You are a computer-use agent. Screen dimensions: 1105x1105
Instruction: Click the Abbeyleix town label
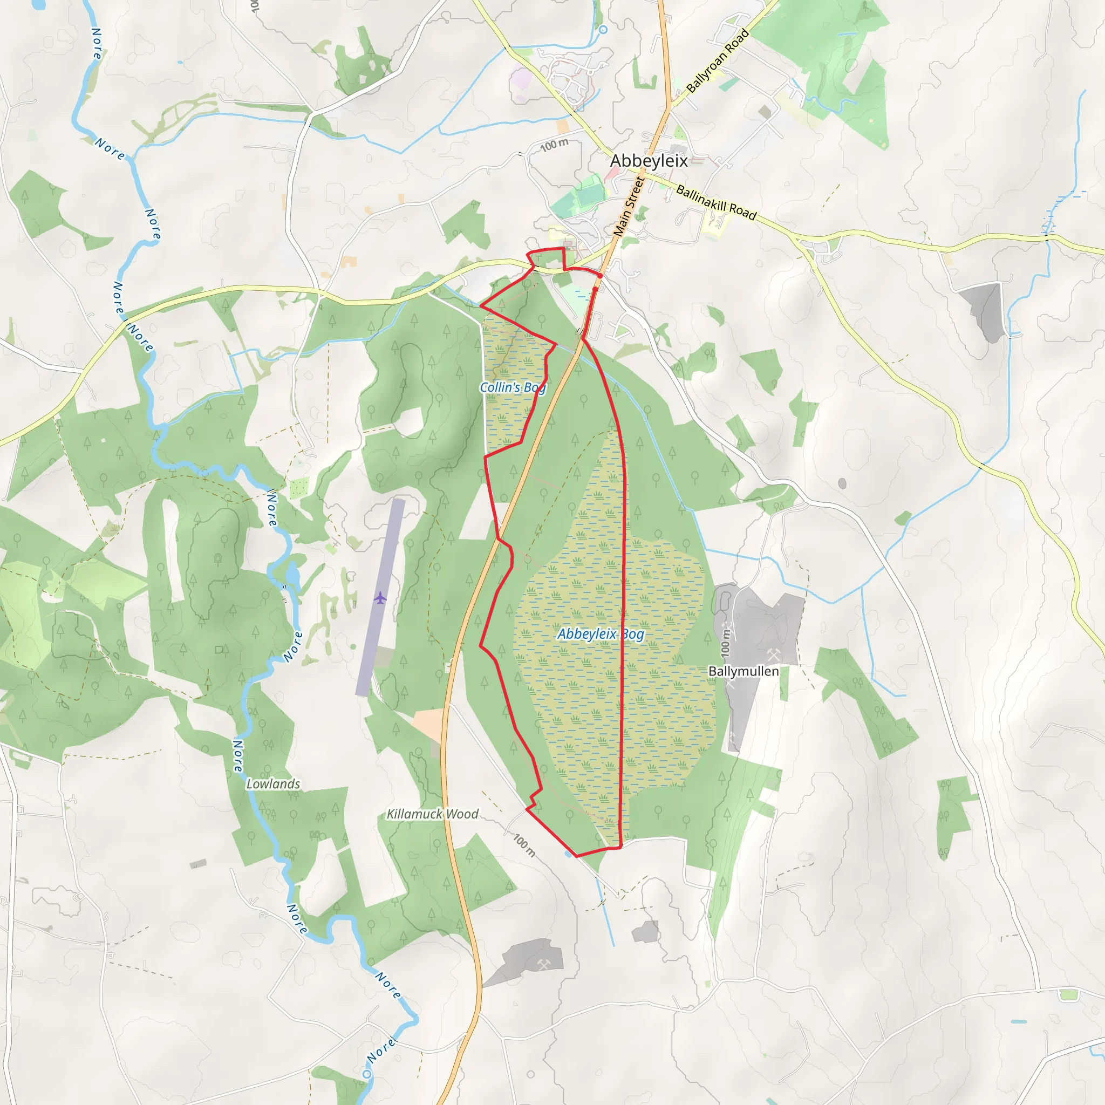[x=649, y=161]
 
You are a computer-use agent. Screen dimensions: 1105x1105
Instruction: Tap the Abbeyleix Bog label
[x=601, y=634]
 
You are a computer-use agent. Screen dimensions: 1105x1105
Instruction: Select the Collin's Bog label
[x=513, y=387]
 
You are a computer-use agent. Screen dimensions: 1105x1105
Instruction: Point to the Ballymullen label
[x=743, y=671]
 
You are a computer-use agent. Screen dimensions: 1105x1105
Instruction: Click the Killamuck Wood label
[x=432, y=814]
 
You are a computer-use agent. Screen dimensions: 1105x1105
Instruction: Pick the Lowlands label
[x=273, y=783]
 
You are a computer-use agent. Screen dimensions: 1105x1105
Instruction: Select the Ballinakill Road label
[x=716, y=202]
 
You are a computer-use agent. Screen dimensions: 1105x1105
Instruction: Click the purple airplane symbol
[x=380, y=598]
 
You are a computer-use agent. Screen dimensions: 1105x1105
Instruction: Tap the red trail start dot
[x=599, y=276]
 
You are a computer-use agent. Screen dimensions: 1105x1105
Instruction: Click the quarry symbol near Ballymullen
[x=773, y=654]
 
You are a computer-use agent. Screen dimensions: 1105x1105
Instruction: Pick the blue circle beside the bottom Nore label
[x=366, y=1074]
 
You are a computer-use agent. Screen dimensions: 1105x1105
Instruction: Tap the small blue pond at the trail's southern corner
[x=568, y=854]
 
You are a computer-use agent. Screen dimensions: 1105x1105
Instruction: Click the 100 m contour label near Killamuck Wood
[x=524, y=845]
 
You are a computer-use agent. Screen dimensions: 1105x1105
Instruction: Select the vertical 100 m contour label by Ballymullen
[x=725, y=642]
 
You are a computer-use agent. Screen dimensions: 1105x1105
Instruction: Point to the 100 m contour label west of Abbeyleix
[x=554, y=145]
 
